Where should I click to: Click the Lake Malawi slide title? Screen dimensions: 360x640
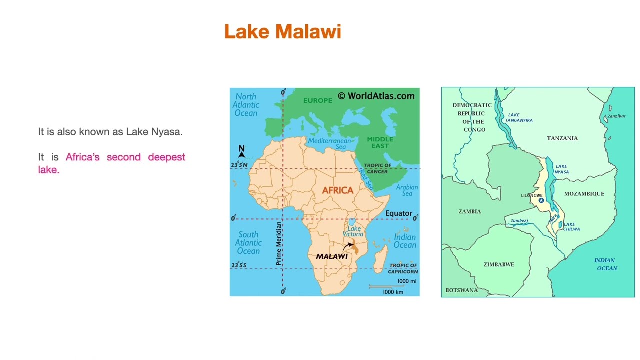point(282,31)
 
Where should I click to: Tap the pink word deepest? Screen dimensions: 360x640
point(166,157)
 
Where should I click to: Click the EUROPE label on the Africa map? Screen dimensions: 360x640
point(317,100)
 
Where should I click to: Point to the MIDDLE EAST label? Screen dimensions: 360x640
point(380,142)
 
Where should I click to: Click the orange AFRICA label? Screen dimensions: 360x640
point(337,190)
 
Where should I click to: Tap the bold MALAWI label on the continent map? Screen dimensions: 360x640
point(331,256)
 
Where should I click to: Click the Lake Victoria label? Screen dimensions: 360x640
point(353,231)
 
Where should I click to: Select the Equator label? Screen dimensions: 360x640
point(398,213)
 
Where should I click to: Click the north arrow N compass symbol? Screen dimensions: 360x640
point(241,151)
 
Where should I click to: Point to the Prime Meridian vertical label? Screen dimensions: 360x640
point(279,243)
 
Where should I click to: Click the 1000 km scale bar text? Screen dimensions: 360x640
point(393,292)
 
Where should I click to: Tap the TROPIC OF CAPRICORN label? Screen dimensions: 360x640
point(403,268)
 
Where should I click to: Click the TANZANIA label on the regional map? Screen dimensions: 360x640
point(562,138)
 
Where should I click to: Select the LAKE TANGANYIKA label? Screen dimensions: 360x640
point(518,117)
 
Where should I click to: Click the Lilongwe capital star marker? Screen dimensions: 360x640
point(541,200)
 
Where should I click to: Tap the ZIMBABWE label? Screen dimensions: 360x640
point(498,264)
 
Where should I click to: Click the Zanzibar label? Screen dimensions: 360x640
point(616,116)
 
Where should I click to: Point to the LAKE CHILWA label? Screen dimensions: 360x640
point(571,226)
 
